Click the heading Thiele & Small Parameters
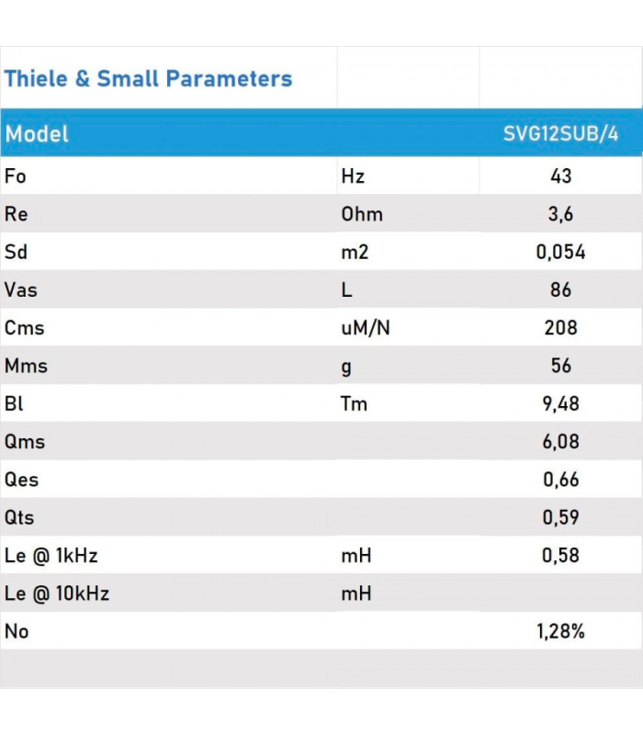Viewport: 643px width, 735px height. pos(148,79)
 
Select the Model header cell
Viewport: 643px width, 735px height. pos(37,134)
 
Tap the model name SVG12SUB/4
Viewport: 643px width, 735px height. pos(560,134)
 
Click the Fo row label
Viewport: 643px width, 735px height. pos(16,176)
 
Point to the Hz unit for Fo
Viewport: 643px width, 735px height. pos(353,176)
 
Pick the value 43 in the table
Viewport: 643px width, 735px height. pos(560,176)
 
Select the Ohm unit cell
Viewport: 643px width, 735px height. pos(362,214)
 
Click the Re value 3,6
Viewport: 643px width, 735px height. pos(560,214)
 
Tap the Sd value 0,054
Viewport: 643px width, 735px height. pos(560,252)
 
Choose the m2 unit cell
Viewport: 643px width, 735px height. pos(355,252)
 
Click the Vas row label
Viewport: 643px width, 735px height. pos(21,290)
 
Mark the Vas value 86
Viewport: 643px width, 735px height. pos(560,290)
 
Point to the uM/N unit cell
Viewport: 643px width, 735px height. pos(366,328)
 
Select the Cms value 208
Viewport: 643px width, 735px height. pos(560,328)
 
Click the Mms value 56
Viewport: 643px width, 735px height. pos(560,366)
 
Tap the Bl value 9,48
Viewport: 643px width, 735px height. pos(560,403)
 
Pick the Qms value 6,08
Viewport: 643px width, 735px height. pos(560,441)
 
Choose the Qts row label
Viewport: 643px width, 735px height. pos(19,517)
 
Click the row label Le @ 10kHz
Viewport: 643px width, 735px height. pos(57,594)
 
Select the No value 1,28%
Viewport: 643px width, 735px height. pos(560,631)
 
